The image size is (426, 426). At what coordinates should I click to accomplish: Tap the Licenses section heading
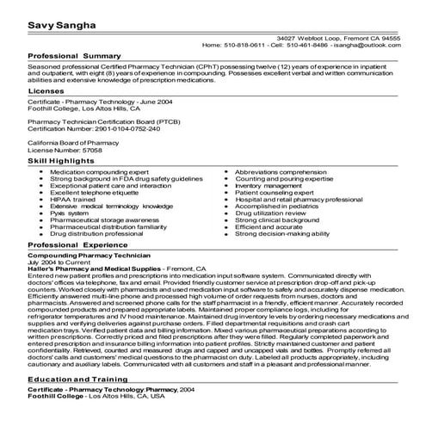[46, 90]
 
